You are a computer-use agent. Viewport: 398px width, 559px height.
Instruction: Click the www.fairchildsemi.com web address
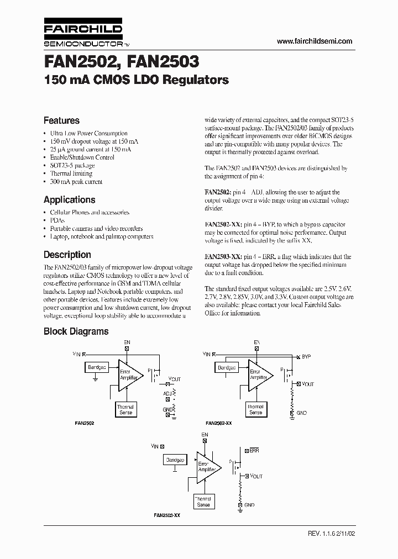314,41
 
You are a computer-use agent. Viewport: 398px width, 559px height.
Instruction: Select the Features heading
61,120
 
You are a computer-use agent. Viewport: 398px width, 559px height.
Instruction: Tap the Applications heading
69,200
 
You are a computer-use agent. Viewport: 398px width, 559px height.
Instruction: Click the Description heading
67,255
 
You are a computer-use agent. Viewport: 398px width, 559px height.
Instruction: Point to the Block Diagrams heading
76,331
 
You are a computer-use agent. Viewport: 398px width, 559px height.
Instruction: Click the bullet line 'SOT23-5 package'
72,165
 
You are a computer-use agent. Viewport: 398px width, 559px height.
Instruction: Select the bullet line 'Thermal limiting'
72,173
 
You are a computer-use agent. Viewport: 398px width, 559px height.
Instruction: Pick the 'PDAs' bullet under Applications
57,220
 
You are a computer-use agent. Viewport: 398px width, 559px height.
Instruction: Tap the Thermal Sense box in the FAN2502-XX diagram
255,409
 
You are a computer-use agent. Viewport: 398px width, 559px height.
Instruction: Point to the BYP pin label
307,357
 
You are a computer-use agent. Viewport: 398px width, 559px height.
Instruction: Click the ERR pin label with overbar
254,451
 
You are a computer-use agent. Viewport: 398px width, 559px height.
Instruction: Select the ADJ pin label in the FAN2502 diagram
167,393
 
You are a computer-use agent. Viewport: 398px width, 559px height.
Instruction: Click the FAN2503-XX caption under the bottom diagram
167,515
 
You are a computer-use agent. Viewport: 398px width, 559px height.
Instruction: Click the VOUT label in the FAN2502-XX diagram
307,384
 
